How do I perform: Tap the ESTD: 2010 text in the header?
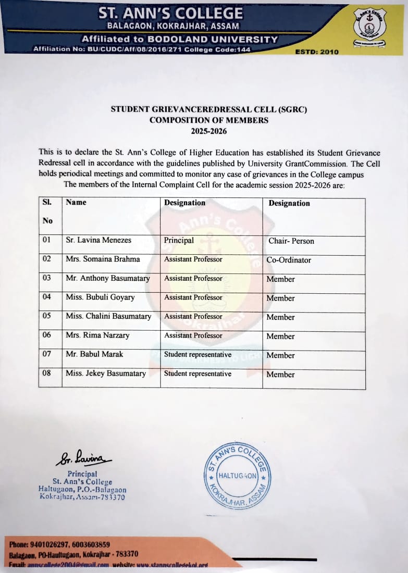317,52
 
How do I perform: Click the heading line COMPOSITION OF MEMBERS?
209,120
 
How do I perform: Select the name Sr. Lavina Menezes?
98,240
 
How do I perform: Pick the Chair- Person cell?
291,241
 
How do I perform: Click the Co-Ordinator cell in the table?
289,260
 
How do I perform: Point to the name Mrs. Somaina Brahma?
103,259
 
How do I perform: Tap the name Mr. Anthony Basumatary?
108,279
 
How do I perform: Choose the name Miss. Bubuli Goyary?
100,297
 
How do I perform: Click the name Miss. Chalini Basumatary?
108,317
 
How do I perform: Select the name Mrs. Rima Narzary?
97,335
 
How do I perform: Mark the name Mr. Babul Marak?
94,354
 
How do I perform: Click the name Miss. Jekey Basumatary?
106,373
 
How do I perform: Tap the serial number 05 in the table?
47,316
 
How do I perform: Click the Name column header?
76,202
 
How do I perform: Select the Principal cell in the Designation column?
179,241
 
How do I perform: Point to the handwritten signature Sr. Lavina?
83,459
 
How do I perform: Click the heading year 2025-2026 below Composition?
209,131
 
